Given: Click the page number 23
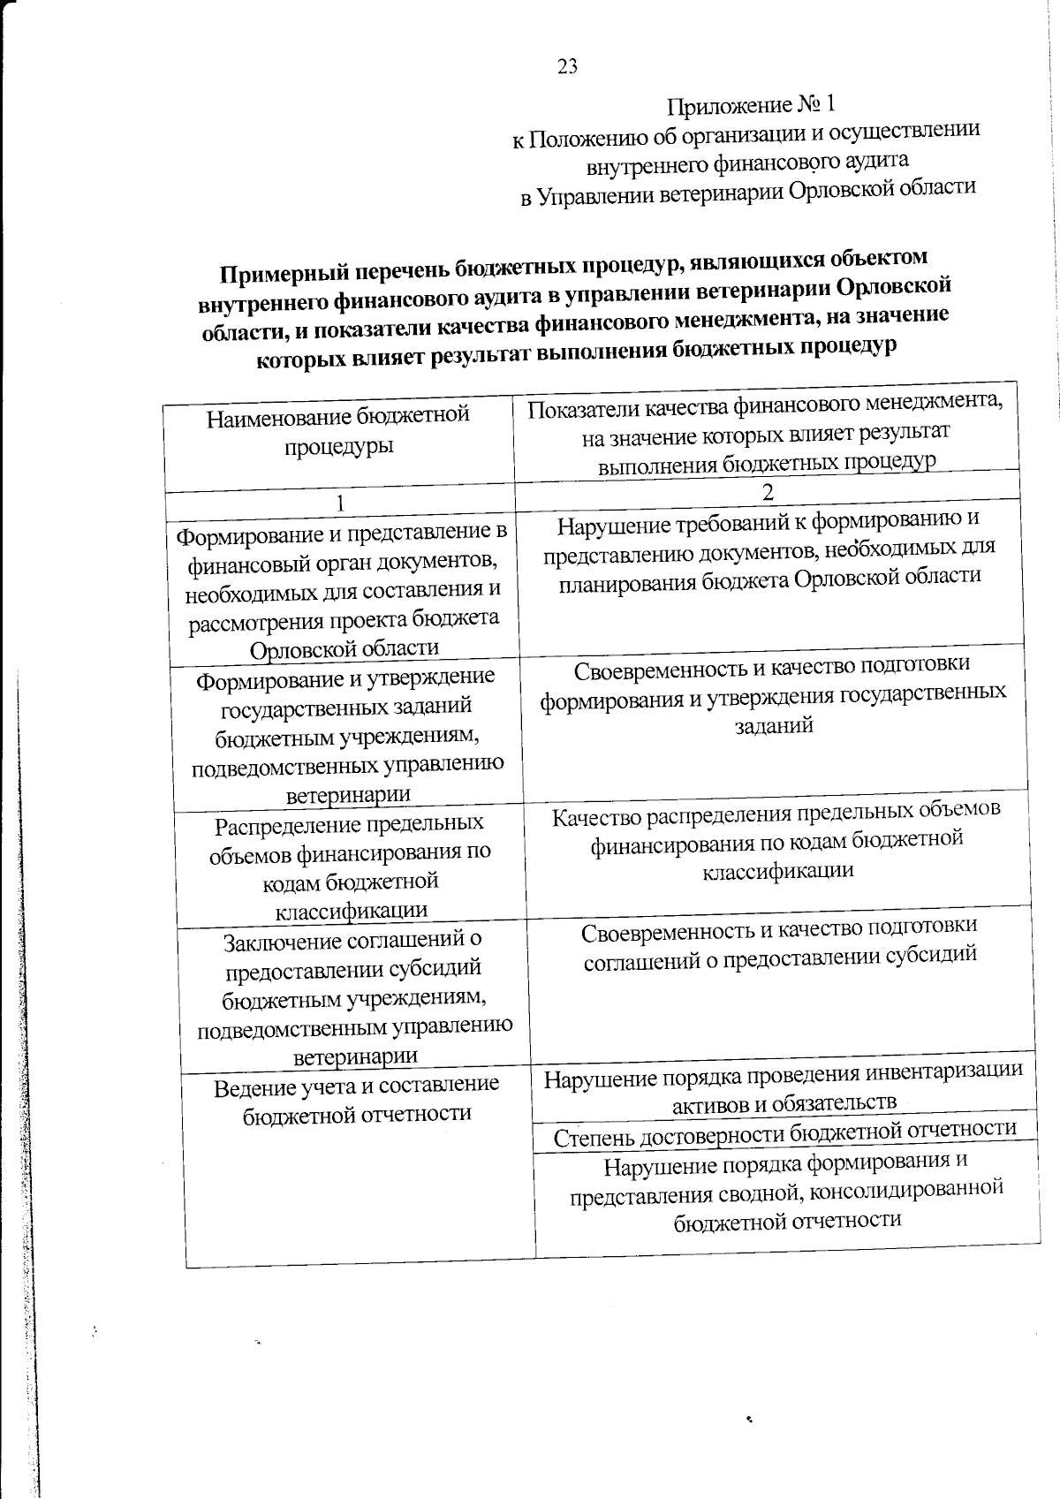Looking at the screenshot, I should [567, 67].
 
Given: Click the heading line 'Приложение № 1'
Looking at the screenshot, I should [750, 106].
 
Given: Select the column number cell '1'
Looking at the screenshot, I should [340, 503].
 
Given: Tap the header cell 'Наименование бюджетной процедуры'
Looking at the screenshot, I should [338, 430].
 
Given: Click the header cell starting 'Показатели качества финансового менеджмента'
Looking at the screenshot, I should [766, 434].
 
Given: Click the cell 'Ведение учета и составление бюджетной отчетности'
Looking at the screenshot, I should [357, 1100].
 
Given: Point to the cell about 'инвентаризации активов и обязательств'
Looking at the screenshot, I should [784, 1088].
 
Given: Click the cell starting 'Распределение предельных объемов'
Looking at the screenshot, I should [350, 867].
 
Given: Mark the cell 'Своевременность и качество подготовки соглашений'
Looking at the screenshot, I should [781, 942].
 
